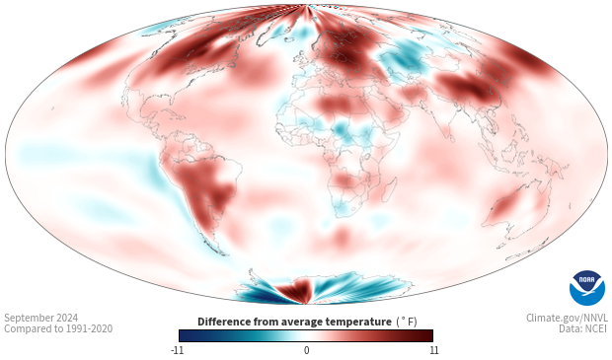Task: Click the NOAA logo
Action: (587, 288)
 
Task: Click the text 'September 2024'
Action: (41, 318)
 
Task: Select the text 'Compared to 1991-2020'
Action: (58, 328)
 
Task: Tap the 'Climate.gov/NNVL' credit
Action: (567, 318)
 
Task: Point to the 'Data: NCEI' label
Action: (583, 328)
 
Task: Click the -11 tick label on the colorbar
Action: (177, 350)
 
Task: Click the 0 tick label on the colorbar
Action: (306, 350)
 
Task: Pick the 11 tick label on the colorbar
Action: (433, 350)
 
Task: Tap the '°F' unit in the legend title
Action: (407, 322)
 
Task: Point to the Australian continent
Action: (516, 209)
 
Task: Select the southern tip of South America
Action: (223, 253)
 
